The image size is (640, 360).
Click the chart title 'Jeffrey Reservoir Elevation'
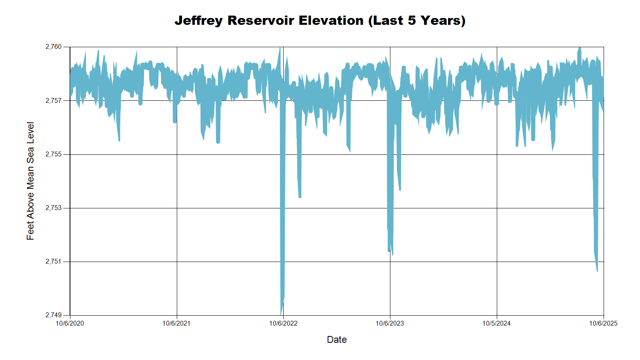(320, 20)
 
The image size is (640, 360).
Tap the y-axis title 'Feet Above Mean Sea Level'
(30, 181)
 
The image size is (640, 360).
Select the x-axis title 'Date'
(336, 340)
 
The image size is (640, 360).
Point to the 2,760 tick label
(54, 47)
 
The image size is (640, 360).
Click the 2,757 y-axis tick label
(54, 100)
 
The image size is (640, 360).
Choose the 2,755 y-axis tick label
(54, 154)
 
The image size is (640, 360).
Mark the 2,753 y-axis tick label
(54, 208)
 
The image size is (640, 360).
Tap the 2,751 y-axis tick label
(54, 262)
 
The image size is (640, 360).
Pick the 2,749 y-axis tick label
(54, 315)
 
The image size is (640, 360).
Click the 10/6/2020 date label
(70, 324)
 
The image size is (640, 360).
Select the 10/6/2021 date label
(176, 324)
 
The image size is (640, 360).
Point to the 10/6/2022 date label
(283, 324)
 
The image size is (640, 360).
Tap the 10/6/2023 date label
(390, 324)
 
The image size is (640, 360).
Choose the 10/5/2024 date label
(496, 324)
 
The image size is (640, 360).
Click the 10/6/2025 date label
(603, 324)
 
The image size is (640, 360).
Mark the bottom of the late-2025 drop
(597, 270)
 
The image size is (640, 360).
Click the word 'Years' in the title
(440, 20)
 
